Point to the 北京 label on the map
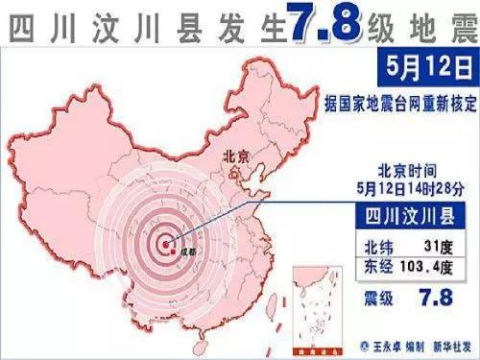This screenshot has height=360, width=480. (x=237, y=156)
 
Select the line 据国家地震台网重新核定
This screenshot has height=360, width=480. (x=400, y=99)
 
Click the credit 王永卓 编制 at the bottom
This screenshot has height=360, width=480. (x=388, y=344)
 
